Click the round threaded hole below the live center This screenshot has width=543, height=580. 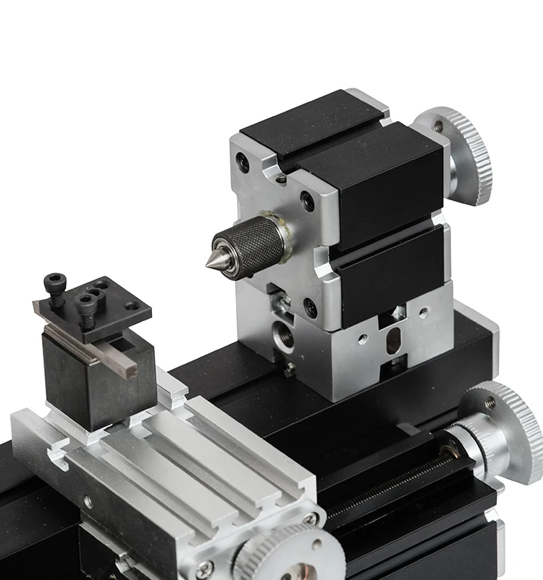tap(280, 335)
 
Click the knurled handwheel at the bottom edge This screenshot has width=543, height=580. tap(290, 558)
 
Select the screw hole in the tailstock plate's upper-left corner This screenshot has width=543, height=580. tap(243, 163)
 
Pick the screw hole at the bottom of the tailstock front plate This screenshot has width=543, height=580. tap(311, 311)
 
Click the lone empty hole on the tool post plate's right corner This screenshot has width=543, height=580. tap(131, 305)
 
